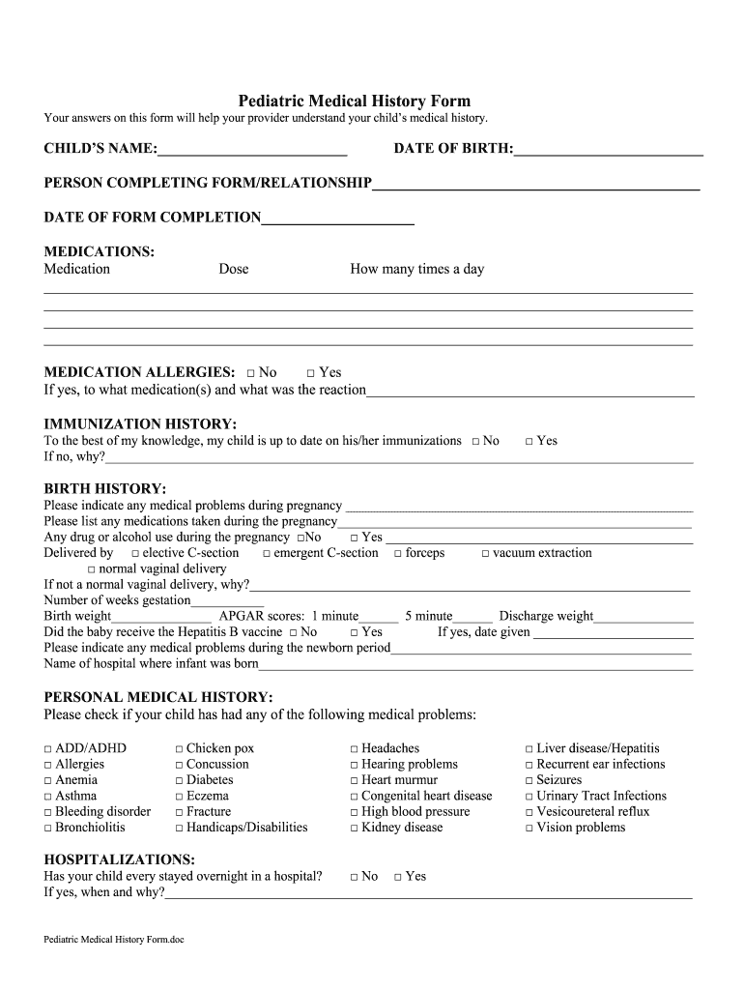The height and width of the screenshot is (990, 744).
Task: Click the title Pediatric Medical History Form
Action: click(355, 101)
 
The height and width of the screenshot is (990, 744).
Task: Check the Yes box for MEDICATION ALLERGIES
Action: click(311, 373)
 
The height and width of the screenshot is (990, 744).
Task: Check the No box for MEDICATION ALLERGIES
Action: click(251, 373)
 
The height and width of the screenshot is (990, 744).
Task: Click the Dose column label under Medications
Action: click(233, 269)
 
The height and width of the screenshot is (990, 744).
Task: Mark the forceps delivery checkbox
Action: click(398, 554)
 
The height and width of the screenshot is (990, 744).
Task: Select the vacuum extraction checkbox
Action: click(486, 554)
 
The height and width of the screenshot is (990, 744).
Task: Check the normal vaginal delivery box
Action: click(92, 569)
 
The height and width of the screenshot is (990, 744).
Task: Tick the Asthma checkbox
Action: click(48, 797)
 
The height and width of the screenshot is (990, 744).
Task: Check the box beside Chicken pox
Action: click(179, 749)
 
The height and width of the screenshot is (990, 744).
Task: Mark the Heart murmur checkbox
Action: click(355, 781)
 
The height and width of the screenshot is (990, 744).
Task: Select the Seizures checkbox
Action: click(529, 781)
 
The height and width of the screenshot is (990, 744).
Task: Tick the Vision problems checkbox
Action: click(529, 829)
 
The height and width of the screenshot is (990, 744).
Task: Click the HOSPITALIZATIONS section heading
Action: click(120, 859)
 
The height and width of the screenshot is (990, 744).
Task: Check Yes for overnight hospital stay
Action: click(398, 877)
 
